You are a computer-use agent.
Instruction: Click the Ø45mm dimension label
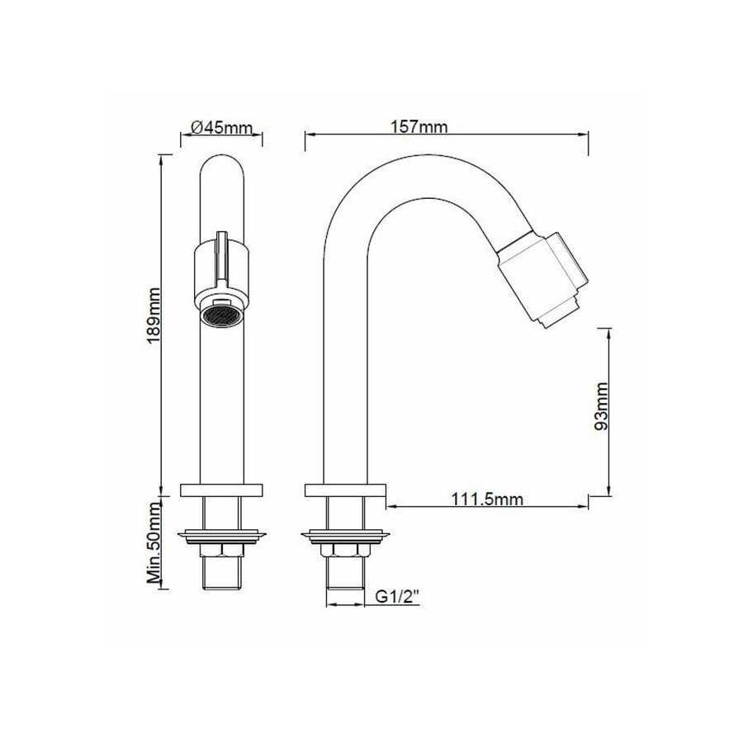pos(221,127)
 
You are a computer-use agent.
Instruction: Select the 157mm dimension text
pos(419,126)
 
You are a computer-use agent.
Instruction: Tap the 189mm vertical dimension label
pos(154,315)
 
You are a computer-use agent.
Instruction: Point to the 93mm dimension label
pos(601,406)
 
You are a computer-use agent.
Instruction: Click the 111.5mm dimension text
pos(487,499)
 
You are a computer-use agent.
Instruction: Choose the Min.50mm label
pos(154,542)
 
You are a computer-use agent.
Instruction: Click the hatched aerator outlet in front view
pos(221,315)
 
